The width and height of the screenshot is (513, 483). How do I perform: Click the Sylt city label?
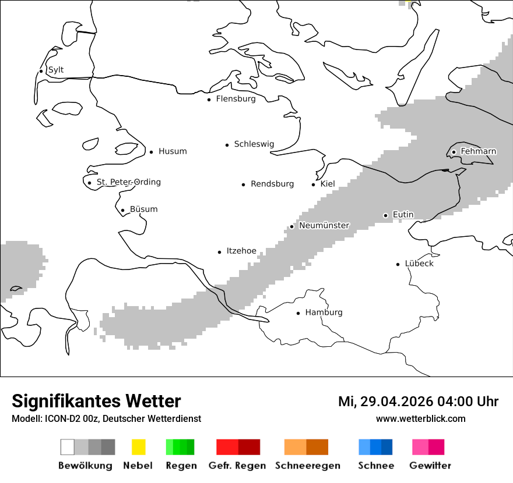[x=56, y=70]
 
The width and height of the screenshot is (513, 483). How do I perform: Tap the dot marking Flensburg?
[x=209, y=100]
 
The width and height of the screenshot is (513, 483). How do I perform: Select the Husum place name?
[x=173, y=151]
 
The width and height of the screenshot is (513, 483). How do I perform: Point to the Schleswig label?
[x=254, y=144]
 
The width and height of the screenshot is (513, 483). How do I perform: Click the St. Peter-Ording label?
[x=128, y=182]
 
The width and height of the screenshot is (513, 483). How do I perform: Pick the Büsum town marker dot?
[x=122, y=210]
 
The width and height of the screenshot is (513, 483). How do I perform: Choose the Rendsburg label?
[x=272, y=184]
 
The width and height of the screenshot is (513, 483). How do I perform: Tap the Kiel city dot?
[x=314, y=184]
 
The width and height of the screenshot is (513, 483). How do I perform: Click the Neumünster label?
[x=324, y=225]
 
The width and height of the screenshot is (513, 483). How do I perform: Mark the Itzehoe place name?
[x=241, y=251]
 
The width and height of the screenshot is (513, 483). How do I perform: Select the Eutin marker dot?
[x=385, y=215]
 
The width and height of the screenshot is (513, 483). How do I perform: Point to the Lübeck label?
[x=419, y=264]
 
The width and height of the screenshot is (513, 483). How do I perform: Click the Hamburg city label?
[x=324, y=312]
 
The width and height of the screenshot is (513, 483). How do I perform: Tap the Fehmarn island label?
[x=478, y=151]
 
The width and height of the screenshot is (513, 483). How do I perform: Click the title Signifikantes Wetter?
[x=96, y=401]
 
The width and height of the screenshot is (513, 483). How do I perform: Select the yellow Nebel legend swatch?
[x=138, y=447]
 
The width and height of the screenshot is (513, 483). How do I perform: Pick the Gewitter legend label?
[x=430, y=466]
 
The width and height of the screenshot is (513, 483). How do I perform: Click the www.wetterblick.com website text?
[x=420, y=418]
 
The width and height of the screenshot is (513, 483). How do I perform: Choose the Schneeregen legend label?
[x=307, y=466]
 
